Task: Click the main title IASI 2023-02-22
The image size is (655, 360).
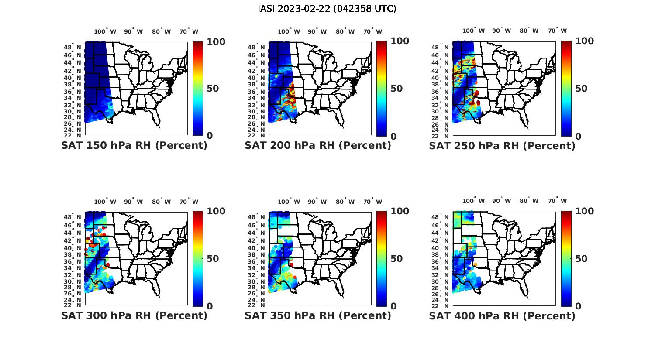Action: (327, 9)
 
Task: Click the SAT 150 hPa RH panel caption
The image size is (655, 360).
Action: (134, 145)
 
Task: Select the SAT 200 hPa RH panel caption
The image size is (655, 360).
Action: (318, 145)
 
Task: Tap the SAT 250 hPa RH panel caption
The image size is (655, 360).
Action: (502, 146)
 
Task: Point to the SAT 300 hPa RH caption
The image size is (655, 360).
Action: (134, 315)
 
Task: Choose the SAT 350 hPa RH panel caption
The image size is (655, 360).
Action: (318, 315)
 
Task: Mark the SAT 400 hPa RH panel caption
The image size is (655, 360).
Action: (502, 315)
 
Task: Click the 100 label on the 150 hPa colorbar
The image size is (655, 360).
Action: (216, 41)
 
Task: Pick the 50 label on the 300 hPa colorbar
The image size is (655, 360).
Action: (213, 259)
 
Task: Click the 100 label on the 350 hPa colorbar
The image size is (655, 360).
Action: (400, 211)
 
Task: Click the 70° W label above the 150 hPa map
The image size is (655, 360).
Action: (189, 31)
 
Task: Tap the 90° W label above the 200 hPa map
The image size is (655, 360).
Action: (317, 31)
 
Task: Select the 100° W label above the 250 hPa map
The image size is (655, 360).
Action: (473, 31)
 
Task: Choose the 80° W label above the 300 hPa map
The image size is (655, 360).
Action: (161, 202)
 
